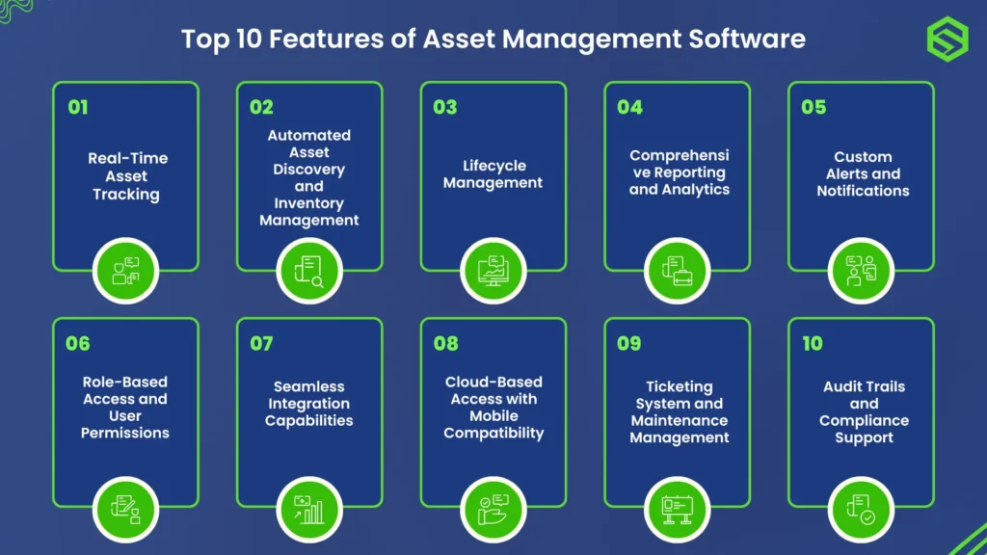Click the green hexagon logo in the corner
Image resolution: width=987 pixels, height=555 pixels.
946,40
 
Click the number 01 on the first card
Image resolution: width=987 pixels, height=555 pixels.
78,107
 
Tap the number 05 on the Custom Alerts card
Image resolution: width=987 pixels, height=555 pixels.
814,107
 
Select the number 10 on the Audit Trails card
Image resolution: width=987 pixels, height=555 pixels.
813,344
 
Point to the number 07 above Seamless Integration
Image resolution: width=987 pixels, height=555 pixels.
261,344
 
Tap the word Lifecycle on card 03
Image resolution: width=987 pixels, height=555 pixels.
493,166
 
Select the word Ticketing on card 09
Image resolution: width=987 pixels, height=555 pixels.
680,386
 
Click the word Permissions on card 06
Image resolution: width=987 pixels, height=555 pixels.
125,433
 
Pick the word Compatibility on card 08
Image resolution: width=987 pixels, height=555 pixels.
493,433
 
